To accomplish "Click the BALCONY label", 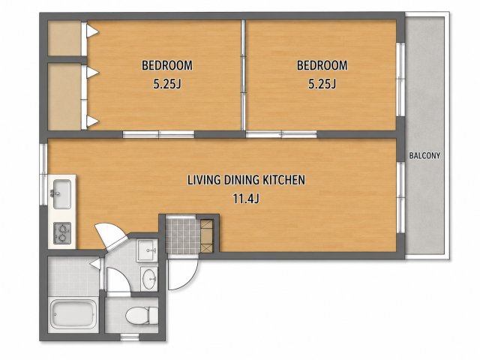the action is [424, 155].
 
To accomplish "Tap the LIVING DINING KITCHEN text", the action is [246, 180].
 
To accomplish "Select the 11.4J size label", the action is [246, 199].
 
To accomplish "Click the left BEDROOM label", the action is [166, 65].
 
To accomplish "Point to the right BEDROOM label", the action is [322, 65].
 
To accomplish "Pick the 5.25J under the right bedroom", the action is [322, 83].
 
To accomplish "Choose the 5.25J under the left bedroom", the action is [167, 83].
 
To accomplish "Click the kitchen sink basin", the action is [62, 194].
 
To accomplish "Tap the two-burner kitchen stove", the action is [62, 233].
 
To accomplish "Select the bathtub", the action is [73, 314].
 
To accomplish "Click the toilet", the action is [142, 316].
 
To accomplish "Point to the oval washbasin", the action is [149, 278].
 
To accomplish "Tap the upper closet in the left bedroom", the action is [64, 38].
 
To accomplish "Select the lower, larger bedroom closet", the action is [64, 97].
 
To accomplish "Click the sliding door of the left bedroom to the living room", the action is [158, 134].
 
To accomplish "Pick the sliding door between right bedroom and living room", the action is [281, 134].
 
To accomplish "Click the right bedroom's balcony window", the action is [400, 79].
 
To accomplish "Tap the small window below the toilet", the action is [129, 337].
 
